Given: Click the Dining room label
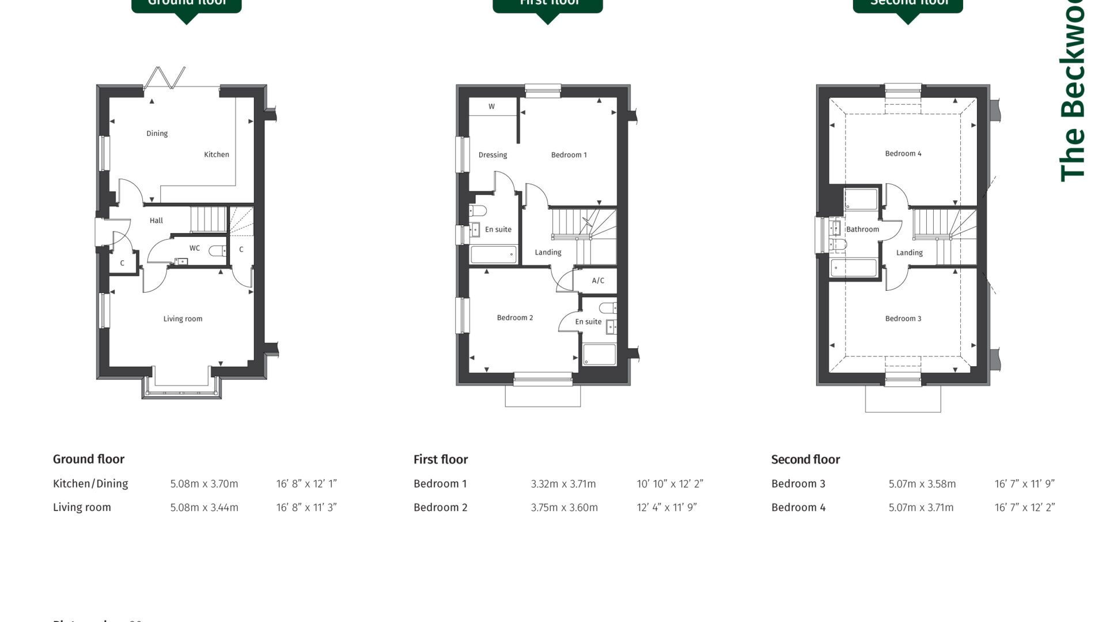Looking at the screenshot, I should coord(157,134).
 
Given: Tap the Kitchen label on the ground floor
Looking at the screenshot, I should coord(217,154).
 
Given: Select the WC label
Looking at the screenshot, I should coord(195,248).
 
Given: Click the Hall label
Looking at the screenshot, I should coord(156,221).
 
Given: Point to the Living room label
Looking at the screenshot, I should coord(183,319).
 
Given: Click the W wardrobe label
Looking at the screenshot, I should coord(491,107).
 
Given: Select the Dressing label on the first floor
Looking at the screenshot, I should coord(493,155).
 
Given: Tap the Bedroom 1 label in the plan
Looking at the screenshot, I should coord(569,155).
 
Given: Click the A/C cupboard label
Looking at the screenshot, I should coord(598,281).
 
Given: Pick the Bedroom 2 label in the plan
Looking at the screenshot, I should coord(514,318).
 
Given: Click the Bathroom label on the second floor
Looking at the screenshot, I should coord(862,229).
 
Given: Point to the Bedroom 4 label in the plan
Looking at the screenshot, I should coord(903,154).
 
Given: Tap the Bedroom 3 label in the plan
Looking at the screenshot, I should coord(903,319).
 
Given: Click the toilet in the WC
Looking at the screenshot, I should coord(217,251).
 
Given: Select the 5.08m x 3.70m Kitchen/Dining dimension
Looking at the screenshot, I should coord(204,484).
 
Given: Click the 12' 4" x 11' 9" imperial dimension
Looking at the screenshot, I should coord(666,508).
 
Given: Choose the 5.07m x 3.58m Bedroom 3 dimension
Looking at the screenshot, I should coord(922,484).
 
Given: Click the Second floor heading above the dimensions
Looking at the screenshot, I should coord(805,460).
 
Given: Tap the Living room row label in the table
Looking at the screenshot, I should coord(82,507).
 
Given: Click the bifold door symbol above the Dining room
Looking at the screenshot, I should coord(165,77).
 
